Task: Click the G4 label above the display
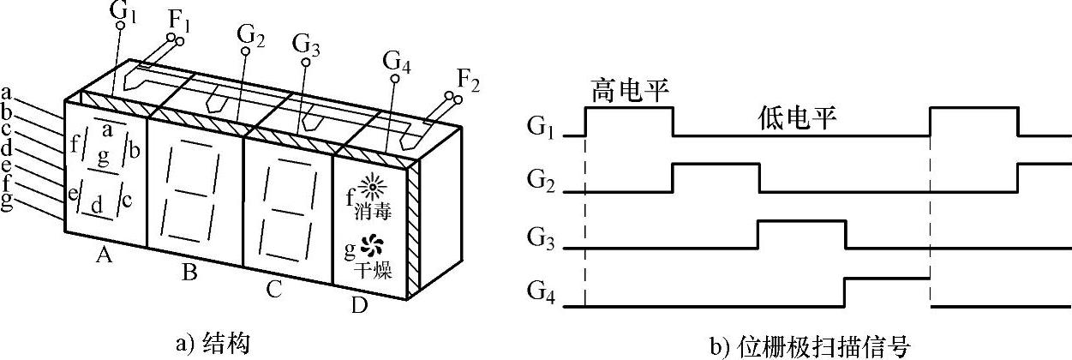[396, 62]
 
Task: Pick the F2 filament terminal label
[468, 81]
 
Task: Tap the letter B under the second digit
[190, 273]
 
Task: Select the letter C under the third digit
[273, 290]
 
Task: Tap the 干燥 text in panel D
[373, 272]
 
